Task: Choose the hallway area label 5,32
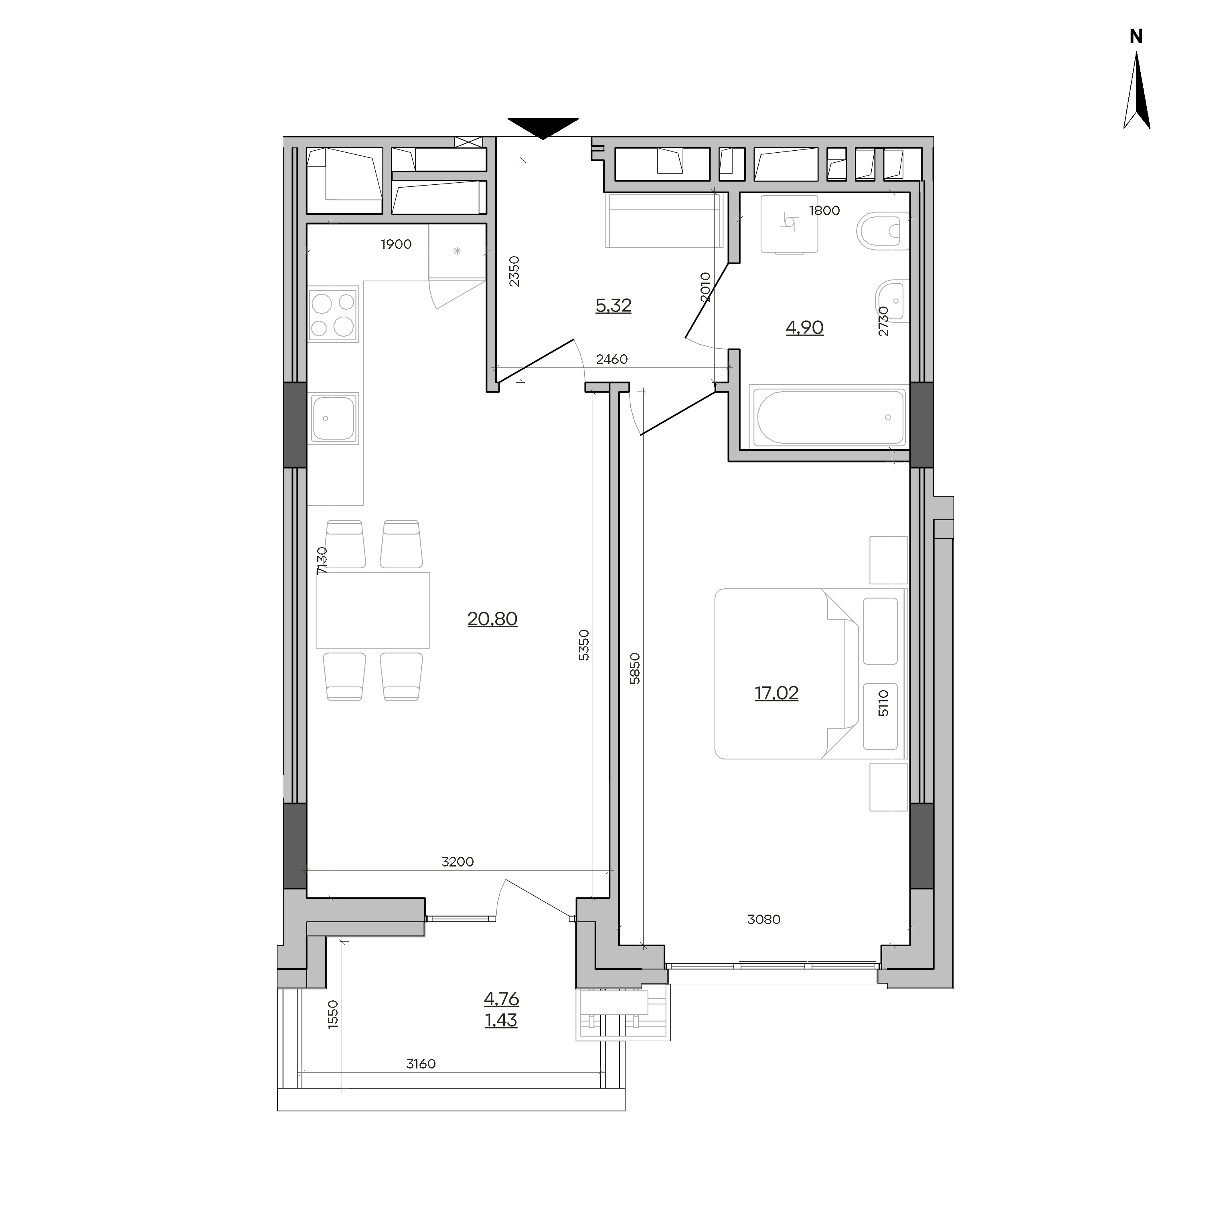613,306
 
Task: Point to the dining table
373,610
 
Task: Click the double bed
810,673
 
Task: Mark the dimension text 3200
458,862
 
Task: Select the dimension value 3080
763,919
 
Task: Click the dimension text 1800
824,210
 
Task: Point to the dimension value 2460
611,359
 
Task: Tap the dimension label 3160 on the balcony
421,1064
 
